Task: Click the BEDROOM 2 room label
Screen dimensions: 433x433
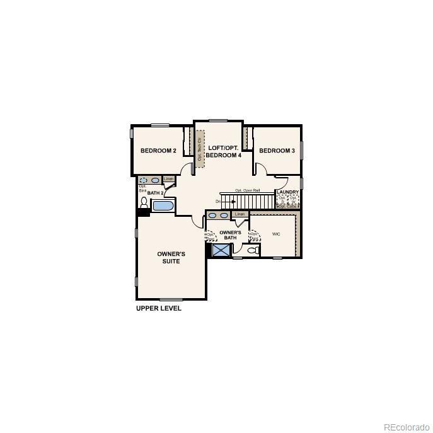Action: (158, 151)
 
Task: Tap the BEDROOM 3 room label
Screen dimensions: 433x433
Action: (277, 151)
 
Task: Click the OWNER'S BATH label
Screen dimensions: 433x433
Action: (230, 235)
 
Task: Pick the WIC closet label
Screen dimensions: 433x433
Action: (276, 234)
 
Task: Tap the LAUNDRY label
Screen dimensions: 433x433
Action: (287, 192)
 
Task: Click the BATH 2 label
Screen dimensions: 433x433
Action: (156, 193)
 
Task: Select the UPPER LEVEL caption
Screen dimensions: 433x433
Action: (159, 309)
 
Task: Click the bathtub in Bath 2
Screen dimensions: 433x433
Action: (163, 205)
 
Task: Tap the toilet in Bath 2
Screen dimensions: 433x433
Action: (144, 203)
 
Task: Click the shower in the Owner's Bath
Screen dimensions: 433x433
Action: (221, 250)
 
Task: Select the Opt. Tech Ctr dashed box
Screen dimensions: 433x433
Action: (199, 149)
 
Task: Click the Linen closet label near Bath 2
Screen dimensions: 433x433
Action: (168, 180)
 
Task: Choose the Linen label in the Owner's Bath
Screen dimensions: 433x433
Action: (240, 214)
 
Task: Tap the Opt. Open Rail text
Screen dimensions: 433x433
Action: (248, 190)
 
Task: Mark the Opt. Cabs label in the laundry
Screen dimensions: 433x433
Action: (288, 206)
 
